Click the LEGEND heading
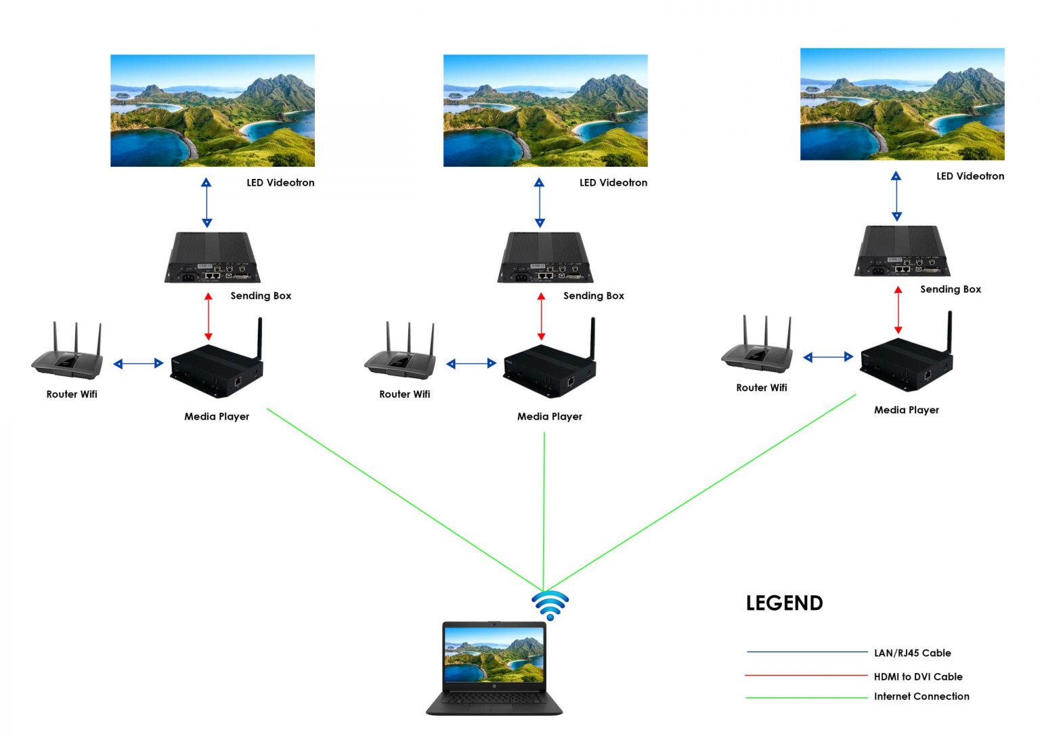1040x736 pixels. [784, 602]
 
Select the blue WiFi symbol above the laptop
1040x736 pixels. [550, 605]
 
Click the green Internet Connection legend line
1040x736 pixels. [806, 697]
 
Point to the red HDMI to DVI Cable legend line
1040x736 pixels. [806, 675]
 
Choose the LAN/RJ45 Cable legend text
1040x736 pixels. [912, 653]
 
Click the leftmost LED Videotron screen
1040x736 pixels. [213, 110]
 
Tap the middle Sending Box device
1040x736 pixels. [544, 259]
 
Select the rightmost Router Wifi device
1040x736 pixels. [757, 348]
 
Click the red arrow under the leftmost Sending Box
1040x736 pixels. [209, 316]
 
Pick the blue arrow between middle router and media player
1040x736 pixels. [471, 364]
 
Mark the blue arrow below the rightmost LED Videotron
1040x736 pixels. [896, 197]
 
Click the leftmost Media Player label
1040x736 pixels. [217, 416]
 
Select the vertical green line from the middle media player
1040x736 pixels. [544, 508]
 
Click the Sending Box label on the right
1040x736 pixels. [950, 289]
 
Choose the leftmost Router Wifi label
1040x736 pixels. [72, 394]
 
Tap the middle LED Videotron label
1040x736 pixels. [613, 182]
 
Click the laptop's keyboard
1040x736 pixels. [494, 699]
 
